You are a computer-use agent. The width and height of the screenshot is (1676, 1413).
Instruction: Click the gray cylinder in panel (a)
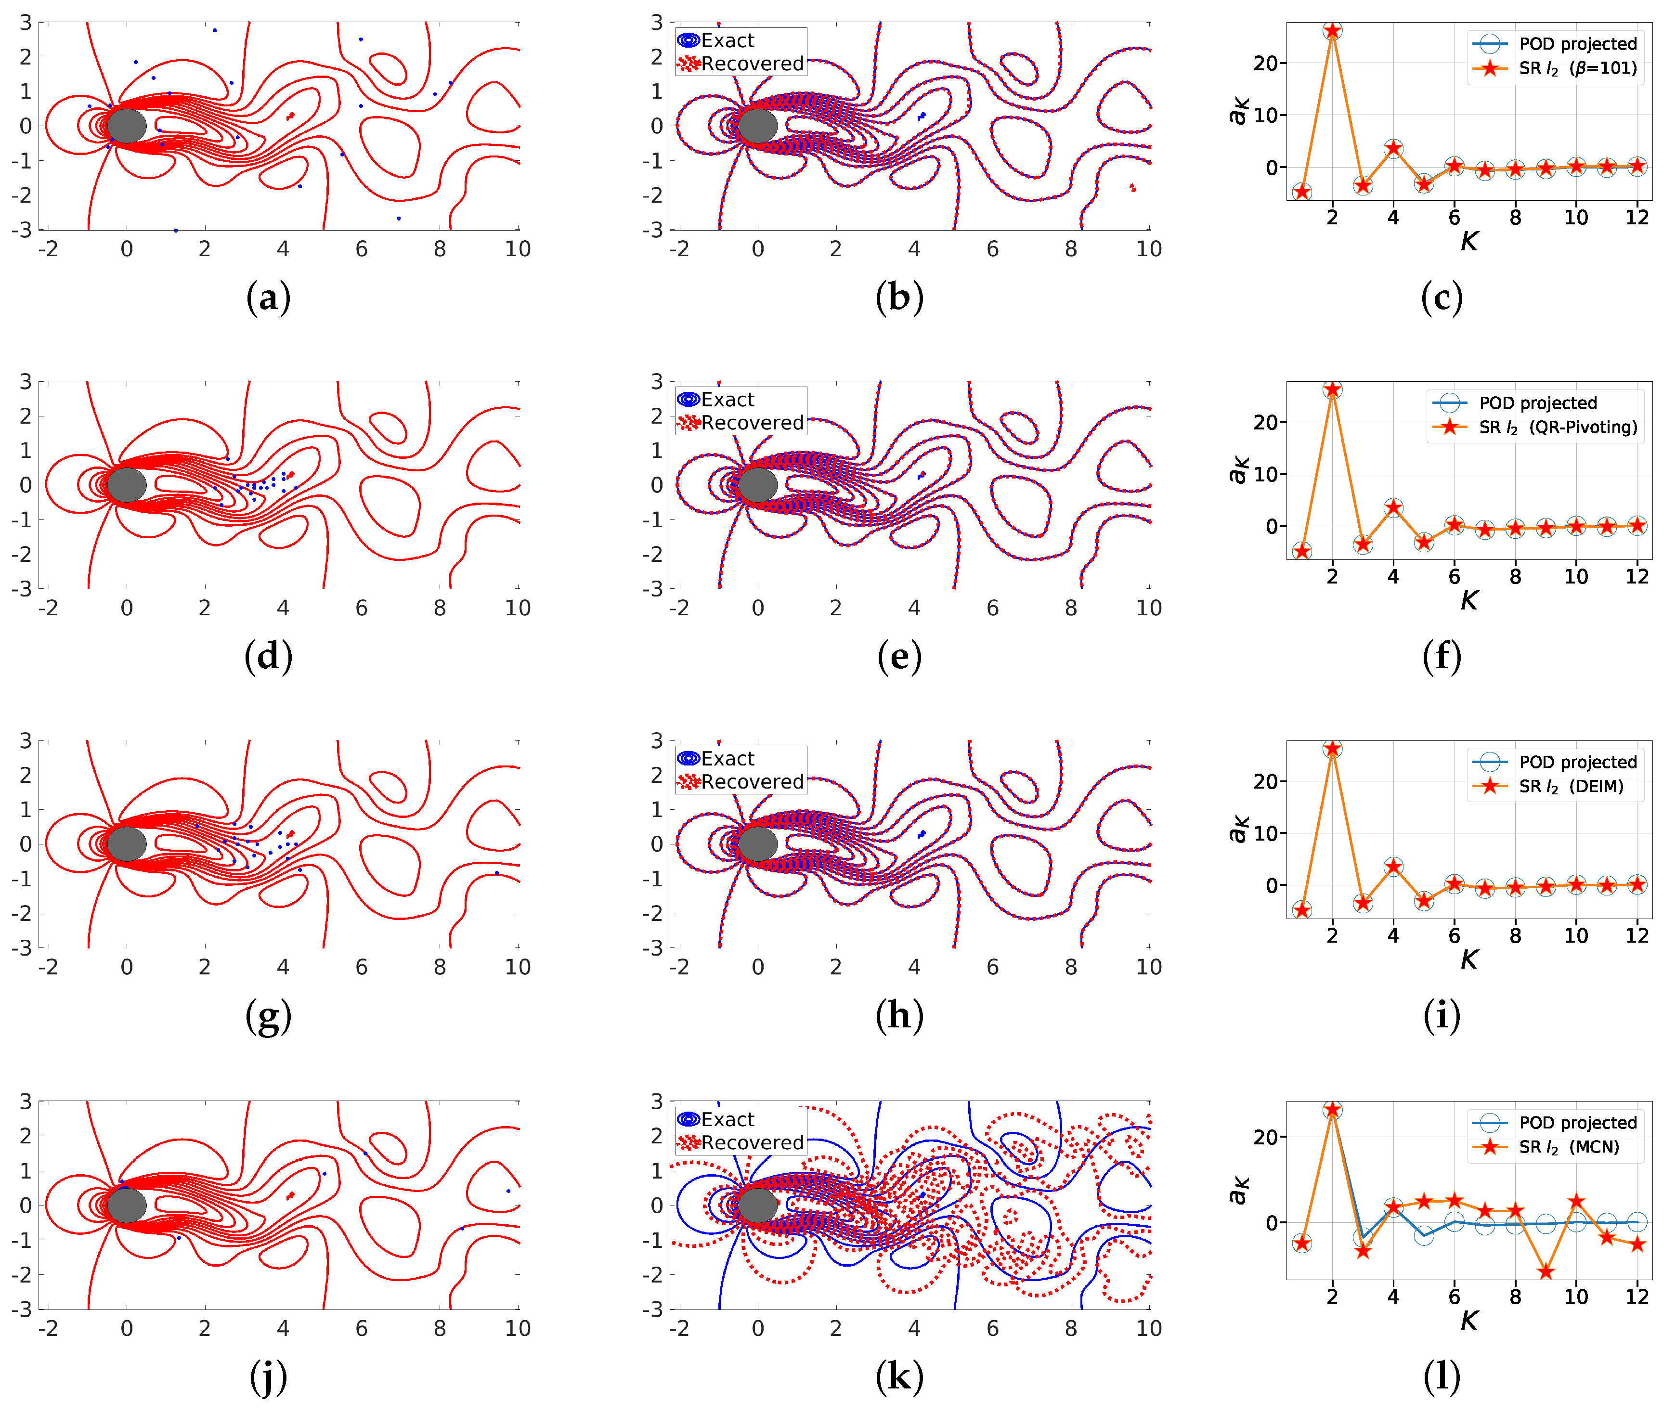(127, 126)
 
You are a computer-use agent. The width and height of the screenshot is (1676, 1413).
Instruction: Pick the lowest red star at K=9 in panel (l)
(1546, 1272)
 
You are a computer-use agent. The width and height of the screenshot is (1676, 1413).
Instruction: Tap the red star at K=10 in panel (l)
(1576, 1202)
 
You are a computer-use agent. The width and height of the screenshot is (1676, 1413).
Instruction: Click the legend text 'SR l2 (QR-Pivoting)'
(1558, 427)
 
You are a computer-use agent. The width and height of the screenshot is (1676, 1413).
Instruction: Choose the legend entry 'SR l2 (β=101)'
(1577, 68)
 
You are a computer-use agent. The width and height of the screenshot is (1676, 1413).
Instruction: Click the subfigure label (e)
(899, 656)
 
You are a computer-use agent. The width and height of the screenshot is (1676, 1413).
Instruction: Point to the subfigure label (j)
(268, 1376)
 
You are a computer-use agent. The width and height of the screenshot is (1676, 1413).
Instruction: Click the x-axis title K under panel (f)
(1468, 600)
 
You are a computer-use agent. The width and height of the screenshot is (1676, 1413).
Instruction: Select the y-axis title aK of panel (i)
(1238, 830)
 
